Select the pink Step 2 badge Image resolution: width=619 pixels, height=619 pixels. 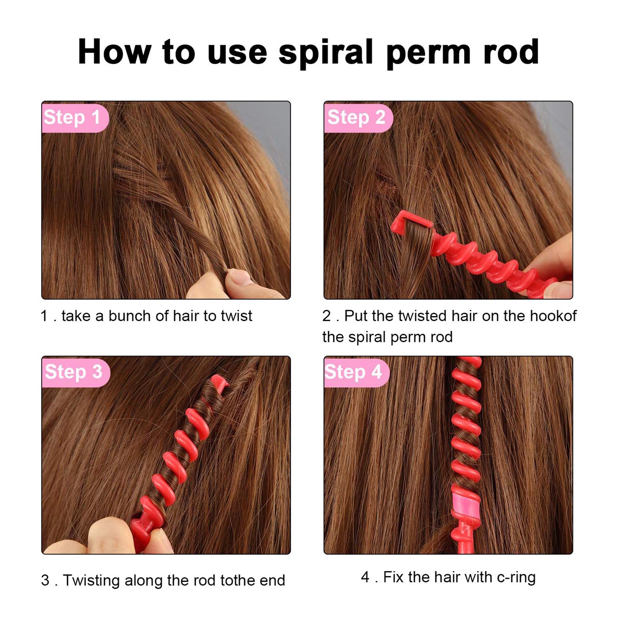357,118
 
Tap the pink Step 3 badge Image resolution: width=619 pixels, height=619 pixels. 74,372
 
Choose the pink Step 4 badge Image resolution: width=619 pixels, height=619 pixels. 354,372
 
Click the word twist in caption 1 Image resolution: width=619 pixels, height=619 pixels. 236,316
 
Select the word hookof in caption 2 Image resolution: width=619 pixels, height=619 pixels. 553,316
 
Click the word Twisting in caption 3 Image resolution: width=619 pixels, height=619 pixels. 91,580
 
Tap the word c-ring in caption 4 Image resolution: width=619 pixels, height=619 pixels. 516,577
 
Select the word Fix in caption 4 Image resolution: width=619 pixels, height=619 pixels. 393,577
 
